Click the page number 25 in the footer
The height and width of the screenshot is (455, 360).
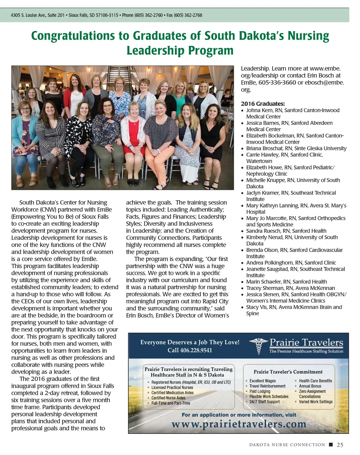click(340, 445)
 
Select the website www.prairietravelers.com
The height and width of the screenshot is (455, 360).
click(239, 424)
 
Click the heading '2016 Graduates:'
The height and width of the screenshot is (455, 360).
click(263, 104)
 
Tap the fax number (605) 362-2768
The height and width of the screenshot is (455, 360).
click(188, 15)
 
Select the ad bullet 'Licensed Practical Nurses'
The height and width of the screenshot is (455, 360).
click(172, 388)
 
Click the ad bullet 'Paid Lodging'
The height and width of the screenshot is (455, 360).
click(260, 391)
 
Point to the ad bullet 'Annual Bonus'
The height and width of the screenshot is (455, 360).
click(310, 386)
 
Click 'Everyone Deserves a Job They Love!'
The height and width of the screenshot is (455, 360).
click(190, 342)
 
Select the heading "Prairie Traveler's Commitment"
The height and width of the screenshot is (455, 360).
click(288, 372)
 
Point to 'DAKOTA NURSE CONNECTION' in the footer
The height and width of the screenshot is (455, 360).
click(287, 445)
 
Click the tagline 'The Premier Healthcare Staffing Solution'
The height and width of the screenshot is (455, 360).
click(306, 351)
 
